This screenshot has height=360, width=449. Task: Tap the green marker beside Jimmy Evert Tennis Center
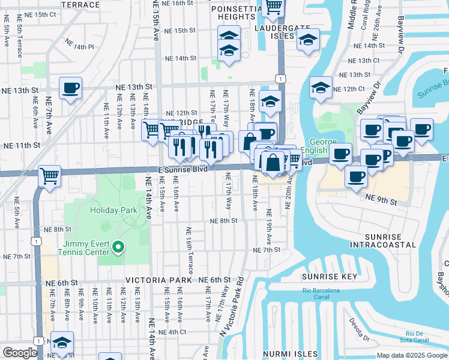[119, 247]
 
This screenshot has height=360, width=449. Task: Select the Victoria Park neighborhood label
[158, 280]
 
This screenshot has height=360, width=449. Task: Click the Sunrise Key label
[330, 277]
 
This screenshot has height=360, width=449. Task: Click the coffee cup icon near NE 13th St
[71, 88]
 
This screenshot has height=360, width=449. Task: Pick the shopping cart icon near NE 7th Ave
[49, 176]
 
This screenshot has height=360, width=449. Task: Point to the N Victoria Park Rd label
[232, 306]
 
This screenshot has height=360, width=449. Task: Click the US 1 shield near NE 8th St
[37, 241]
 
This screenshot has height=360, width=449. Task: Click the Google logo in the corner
[20, 352]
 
